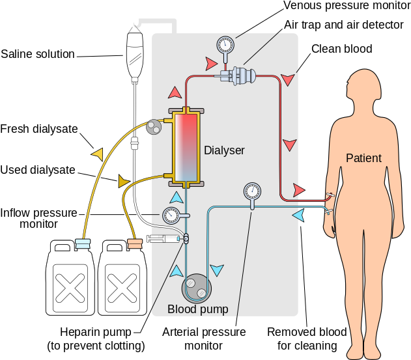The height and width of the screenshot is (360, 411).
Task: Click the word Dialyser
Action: pos(224,150)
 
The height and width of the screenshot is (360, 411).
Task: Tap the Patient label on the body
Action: pos(363,158)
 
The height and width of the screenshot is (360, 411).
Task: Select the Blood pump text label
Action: pos(198,309)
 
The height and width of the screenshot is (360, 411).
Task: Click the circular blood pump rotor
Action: pos(197,287)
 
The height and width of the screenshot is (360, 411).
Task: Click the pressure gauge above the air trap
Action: pos(225,46)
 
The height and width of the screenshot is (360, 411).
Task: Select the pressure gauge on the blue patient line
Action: pos(252,191)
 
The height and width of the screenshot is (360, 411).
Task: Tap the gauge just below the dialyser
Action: pos(171,214)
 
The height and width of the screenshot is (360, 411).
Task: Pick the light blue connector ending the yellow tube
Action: pos(83,243)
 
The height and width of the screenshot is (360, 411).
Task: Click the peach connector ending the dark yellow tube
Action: pos(135,243)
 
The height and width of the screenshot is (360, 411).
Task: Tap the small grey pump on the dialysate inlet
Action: pos(154,126)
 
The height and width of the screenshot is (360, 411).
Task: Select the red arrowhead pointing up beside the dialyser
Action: pos(175,92)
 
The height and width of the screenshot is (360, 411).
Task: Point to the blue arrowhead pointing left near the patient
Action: pos(298,214)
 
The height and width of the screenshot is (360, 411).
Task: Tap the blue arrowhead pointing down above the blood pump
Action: pos(217,270)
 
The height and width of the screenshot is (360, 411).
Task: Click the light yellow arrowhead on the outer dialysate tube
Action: pos(98,154)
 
